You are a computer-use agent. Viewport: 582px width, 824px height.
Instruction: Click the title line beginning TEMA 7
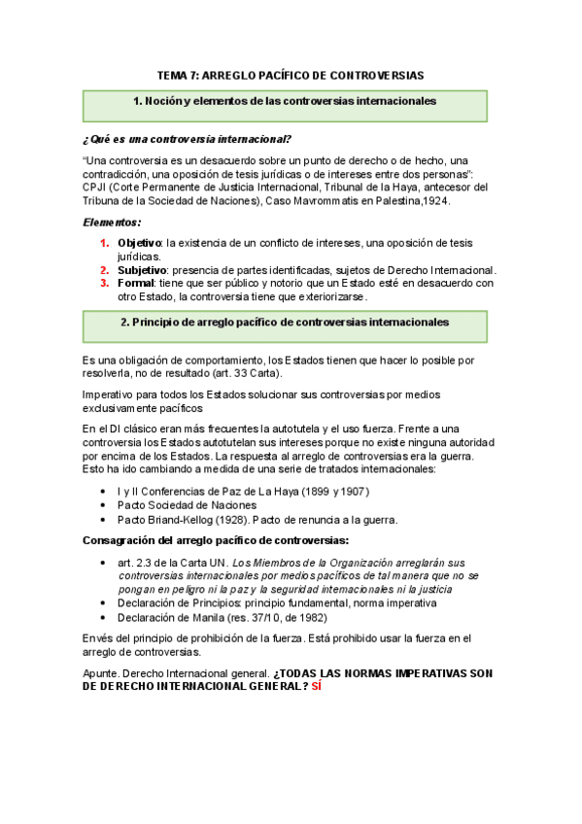click(291, 75)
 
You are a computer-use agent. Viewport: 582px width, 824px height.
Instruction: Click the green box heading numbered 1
click(284, 101)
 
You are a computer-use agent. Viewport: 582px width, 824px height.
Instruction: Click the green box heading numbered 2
click(284, 321)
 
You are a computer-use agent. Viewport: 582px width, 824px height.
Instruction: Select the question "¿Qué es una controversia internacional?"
click(188, 138)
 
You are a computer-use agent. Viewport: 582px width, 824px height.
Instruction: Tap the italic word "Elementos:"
click(112, 222)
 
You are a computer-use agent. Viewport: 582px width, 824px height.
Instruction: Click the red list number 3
click(105, 283)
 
